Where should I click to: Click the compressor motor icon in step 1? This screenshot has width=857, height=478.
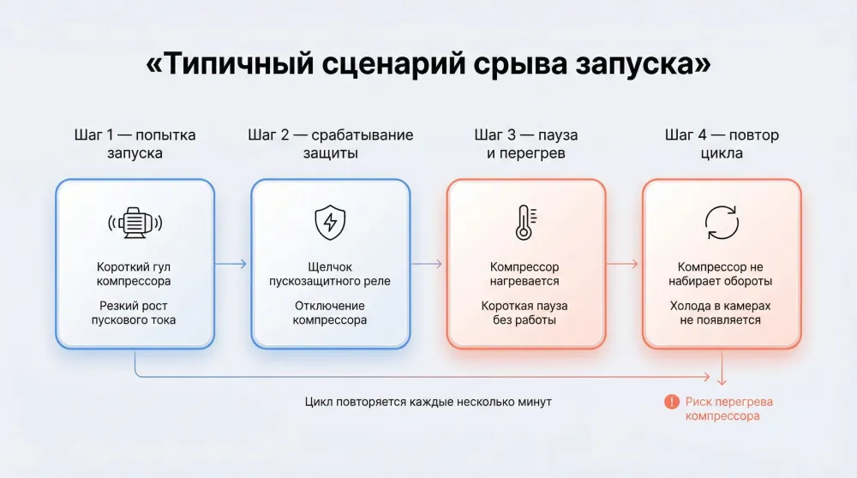(135, 223)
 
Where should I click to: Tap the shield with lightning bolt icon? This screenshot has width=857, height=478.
(330, 223)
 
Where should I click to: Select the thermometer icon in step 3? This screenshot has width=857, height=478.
(524, 223)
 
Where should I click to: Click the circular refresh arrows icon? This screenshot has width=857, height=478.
(721, 223)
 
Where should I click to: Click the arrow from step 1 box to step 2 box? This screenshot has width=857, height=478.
(231, 264)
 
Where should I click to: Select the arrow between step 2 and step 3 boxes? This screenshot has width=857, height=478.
(427, 264)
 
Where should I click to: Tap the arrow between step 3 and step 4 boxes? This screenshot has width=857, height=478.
(622, 264)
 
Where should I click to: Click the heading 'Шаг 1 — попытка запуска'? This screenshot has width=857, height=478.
(135, 144)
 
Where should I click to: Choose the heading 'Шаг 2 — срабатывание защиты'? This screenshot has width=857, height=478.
(330, 144)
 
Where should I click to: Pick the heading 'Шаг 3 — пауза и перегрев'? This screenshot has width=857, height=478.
(525, 144)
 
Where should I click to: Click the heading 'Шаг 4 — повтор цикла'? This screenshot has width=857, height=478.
(721, 144)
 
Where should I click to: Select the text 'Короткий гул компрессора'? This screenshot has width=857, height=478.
(135, 274)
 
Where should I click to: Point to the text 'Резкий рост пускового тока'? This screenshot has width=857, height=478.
(135, 313)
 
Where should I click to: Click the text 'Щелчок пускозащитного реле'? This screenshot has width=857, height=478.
(330, 274)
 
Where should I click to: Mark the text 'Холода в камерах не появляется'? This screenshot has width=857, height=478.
(721, 313)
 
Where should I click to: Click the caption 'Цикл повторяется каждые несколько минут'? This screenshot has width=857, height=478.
(428, 401)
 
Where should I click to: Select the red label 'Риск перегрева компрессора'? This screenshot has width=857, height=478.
(722, 409)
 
